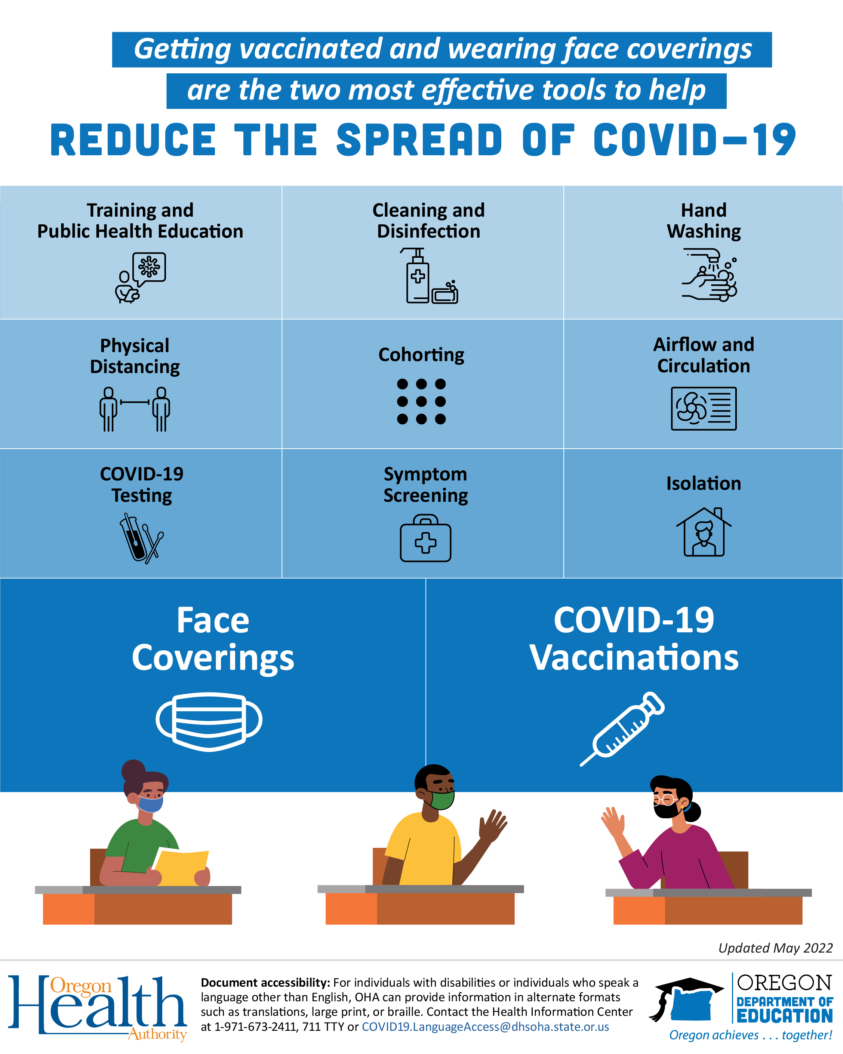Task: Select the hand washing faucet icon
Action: (x=710, y=275)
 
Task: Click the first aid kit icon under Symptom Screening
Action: (x=425, y=538)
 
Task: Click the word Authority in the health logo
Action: (x=157, y=1035)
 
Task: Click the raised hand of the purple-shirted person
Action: (x=612, y=821)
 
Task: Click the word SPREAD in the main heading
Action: (x=419, y=140)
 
